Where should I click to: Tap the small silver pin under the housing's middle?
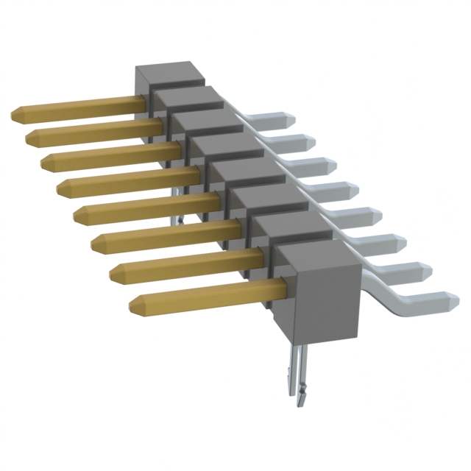[x=178, y=221]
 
